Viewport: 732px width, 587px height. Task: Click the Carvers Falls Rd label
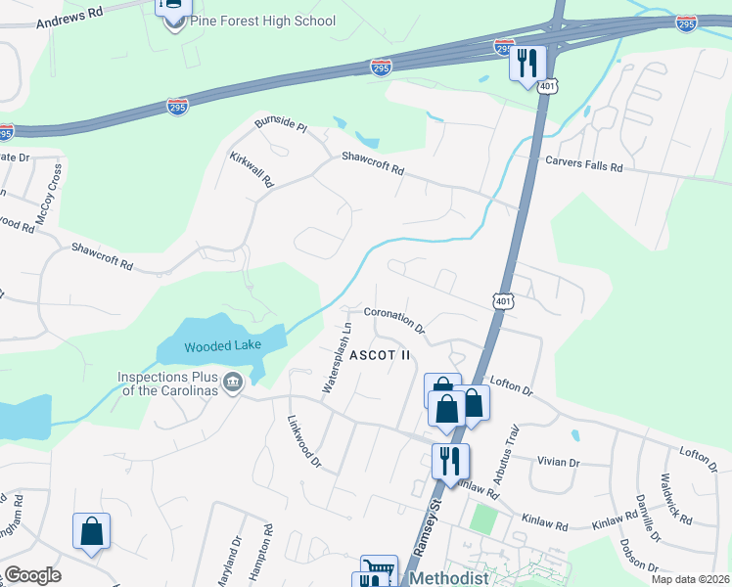pos(584,166)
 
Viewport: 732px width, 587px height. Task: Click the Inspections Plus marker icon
pos(233,382)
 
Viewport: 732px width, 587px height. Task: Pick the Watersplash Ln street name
pos(336,358)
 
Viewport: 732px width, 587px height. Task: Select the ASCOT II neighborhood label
pos(381,354)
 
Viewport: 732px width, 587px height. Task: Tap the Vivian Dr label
pos(560,462)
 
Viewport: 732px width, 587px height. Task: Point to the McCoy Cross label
pos(49,196)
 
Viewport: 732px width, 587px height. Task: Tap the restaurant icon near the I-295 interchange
pos(527,64)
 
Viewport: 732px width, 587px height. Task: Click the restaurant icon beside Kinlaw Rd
pos(450,461)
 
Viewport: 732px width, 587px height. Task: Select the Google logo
pos(32,575)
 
